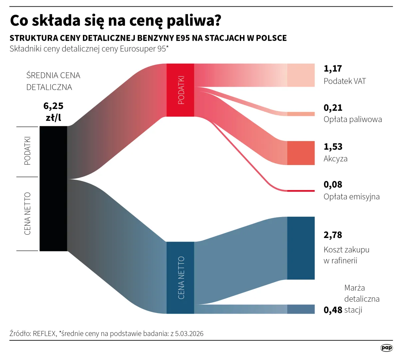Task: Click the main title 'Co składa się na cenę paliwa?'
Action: pyautogui.click(x=116, y=21)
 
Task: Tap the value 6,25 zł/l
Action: pyautogui.click(x=53, y=112)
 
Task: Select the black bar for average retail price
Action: pyautogui.click(x=53, y=188)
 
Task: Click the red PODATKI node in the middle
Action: pyautogui.click(x=180, y=90)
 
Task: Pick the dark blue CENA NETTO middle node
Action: pyautogui.click(x=180, y=278)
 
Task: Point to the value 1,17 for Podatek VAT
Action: pyautogui.click(x=333, y=69)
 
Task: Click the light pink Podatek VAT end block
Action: pyautogui.click(x=301, y=75)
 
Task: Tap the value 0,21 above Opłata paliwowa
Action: pyautogui.click(x=333, y=108)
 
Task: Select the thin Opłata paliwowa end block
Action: pyautogui.click(x=301, y=114)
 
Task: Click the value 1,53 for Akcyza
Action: pyautogui.click(x=333, y=147)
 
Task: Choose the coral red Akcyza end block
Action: pyautogui.click(x=301, y=153)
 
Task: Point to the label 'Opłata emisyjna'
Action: pyautogui.click(x=351, y=197)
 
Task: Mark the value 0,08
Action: pyautogui.click(x=333, y=185)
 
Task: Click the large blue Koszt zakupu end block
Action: pyautogui.click(x=301, y=248)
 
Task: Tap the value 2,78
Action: pyautogui.click(x=333, y=235)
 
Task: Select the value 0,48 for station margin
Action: pyautogui.click(x=333, y=310)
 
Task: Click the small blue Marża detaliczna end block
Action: pyautogui.click(x=301, y=309)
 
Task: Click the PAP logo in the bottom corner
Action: pyautogui.click(x=386, y=348)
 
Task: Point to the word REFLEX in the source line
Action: pyautogui.click(x=45, y=334)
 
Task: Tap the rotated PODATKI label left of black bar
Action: pyautogui.click(x=27, y=151)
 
